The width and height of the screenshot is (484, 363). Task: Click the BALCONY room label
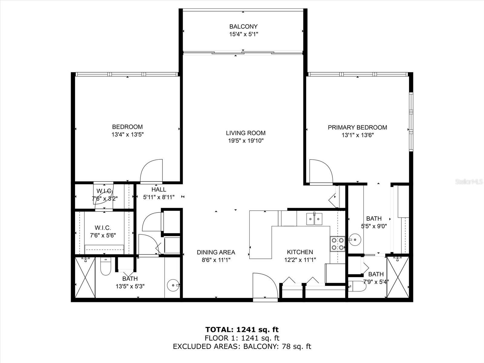click(x=244, y=26)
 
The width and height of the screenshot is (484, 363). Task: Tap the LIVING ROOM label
click(x=246, y=133)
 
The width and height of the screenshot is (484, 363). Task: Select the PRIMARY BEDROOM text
click(x=358, y=127)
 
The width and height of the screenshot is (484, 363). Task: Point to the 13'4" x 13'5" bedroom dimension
click(x=127, y=134)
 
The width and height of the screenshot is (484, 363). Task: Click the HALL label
click(x=159, y=190)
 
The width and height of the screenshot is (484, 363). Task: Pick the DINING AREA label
click(x=216, y=252)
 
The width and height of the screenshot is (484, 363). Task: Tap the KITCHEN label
click(x=300, y=252)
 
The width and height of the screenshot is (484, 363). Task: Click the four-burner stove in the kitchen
click(x=338, y=244)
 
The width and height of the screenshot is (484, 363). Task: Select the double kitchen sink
click(x=314, y=219)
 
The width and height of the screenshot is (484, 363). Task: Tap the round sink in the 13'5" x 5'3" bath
click(x=173, y=286)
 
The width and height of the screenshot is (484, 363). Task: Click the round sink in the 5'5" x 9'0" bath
click(x=355, y=240)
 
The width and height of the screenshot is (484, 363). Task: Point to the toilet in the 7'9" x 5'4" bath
click(x=357, y=286)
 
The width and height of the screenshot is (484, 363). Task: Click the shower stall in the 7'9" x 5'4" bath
click(x=398, y=277)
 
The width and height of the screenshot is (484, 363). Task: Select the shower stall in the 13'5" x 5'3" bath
click(x=85, y=277)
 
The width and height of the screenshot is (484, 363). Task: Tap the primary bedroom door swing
click(x=321, y=172)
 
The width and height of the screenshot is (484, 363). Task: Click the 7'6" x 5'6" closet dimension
click(x=103, y=235)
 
